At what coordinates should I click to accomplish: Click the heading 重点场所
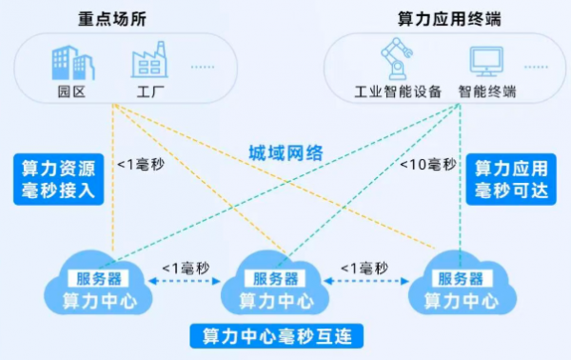pos(114,18)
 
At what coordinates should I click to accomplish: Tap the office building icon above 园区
pos(73,61)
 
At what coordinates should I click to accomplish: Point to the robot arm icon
pos(393,58)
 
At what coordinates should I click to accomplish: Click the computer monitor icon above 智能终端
pos(486,62)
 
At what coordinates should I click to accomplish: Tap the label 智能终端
pos(486,92)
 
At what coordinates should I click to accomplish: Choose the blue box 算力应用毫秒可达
pos(511,180)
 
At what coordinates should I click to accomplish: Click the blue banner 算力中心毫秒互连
pos(271,337)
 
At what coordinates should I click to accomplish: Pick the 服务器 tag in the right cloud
pos(460,278)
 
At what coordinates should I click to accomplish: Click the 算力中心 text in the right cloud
pos(460,300)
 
